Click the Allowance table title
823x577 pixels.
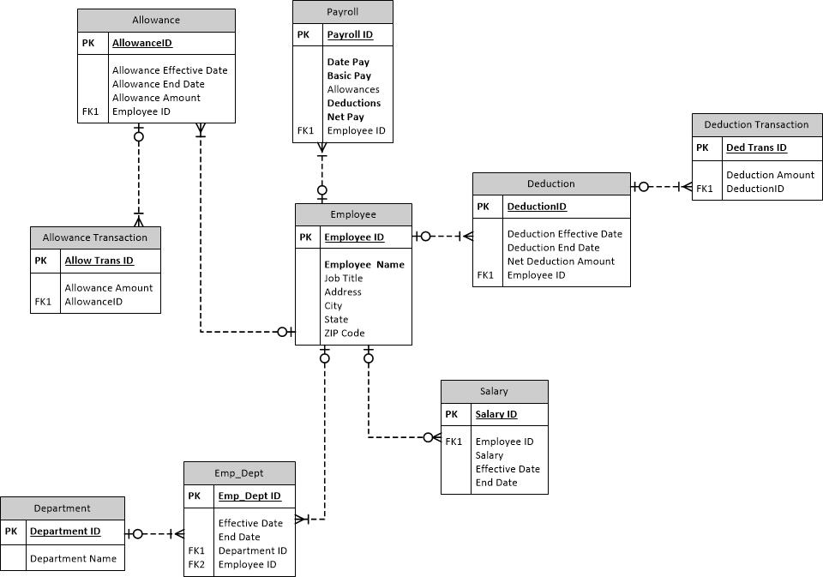(156, 20)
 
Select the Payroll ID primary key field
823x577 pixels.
(350, 34)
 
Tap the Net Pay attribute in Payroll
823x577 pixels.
(345, 117)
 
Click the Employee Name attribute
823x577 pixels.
(363, 264)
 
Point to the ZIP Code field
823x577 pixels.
(344, 333)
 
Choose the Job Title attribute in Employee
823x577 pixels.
(343, 278)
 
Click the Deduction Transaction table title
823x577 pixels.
(756, 124)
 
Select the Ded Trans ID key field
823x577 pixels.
(756, 147)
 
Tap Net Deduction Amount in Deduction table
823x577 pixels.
(561, 261)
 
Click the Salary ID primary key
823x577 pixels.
(496, 414)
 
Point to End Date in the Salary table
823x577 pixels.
(496, 483)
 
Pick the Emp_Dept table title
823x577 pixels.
(239, 472)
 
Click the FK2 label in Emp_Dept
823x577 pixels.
(196, 564)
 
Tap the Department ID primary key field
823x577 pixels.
(65, 531)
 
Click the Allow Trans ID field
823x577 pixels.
(99, 261)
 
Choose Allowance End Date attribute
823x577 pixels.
(159, 84)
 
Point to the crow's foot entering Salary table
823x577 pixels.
(433, 438)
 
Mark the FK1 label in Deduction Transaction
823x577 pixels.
(704, 189)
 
